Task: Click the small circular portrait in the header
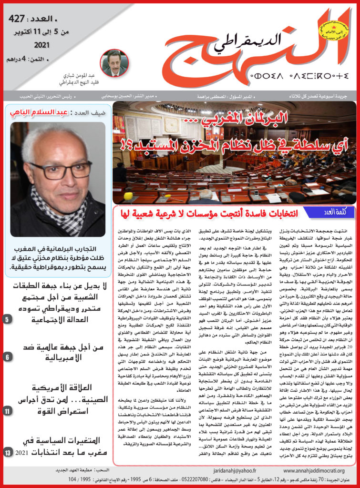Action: point(114,62)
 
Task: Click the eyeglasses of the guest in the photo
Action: point(60,170)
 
